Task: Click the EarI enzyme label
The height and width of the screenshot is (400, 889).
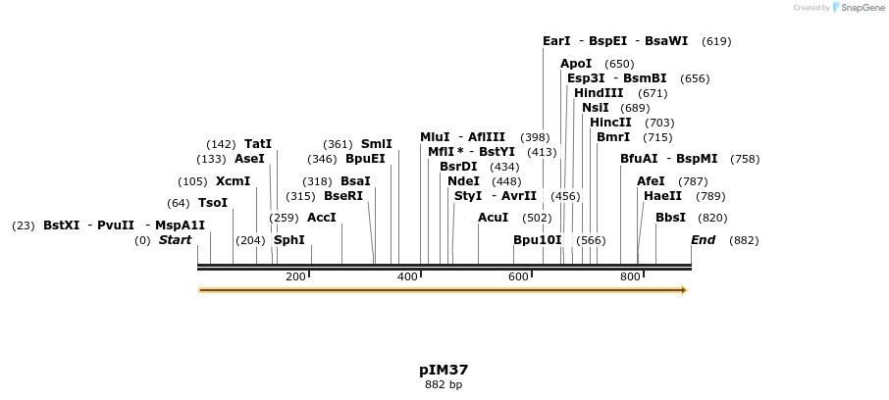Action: tap(556, 41)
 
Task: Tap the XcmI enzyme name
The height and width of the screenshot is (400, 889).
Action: tap(234, 181)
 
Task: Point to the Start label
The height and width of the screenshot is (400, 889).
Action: tap(176, 240)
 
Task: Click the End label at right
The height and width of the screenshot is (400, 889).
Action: tap(704, 240)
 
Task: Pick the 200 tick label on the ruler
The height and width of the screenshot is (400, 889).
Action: tap(295, 277)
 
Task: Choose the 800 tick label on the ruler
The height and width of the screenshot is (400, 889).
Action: tap(630, 277)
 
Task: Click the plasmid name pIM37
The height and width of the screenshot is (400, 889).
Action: tap(444, 371)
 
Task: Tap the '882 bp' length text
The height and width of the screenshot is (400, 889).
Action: tap(444, 385)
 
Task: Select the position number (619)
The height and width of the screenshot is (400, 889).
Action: tap(716, 41)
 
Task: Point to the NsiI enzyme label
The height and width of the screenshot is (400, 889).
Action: tap(596, 108)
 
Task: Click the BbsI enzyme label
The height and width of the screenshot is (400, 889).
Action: tap(670, 218)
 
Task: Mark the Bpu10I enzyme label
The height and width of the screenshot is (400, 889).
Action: tap(538, 240)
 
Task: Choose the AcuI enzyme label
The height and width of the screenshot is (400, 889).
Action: tap(493, 218)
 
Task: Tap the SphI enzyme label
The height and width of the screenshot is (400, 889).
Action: tap(289, 240)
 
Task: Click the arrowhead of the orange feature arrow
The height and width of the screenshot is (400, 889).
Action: tap(684, 290)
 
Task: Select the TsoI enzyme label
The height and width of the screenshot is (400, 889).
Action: tap(213, 203)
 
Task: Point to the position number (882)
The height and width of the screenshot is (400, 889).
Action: tap(744, 240)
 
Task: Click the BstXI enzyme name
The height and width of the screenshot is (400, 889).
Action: tap(62, 225)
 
